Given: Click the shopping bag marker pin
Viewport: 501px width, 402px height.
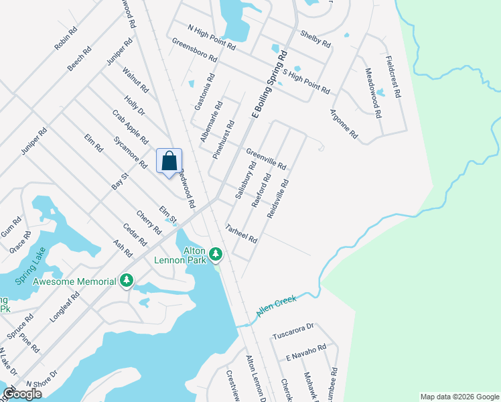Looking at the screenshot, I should point(169,161).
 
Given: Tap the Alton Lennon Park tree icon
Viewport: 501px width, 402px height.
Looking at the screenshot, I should point(216,253).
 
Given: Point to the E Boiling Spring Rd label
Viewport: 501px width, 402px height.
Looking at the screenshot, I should point(269,85).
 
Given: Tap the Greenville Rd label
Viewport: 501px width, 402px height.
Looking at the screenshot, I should point(266,159).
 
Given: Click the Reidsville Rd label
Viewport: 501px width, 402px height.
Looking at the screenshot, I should point(278,198).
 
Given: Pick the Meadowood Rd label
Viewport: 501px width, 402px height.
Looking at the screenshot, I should point(372,93).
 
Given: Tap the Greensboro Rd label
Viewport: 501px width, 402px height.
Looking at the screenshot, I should point(194,50).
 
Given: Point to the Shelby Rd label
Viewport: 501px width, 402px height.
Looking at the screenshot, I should point(315,39).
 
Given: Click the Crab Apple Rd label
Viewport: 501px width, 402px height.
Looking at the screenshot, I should point(130,127).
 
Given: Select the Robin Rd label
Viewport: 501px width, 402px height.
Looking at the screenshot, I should point(66,39).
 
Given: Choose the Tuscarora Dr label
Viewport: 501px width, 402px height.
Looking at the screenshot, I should point(293,331).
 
